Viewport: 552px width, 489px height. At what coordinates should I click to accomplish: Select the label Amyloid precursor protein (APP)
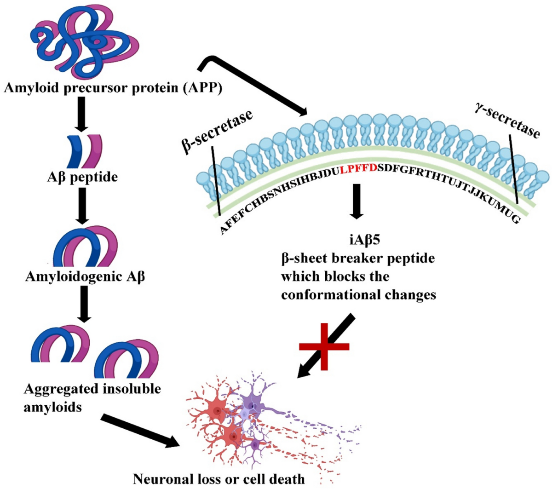tap(113, 87)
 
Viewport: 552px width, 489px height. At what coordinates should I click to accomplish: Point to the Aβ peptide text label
tap(82, 177)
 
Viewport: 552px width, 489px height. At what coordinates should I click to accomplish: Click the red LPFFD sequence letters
tap(358, 168)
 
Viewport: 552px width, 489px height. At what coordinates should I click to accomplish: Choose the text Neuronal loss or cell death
tap(218, 479)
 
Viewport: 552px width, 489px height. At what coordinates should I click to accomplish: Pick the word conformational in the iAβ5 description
tap(333, 294)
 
